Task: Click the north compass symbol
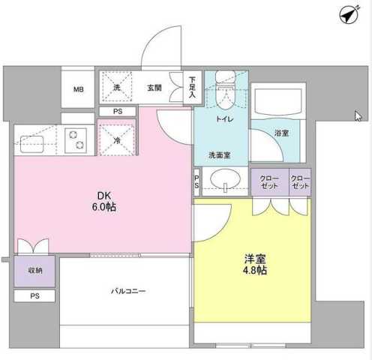(346, 15)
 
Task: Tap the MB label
(79, 91)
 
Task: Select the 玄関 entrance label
(154, 88)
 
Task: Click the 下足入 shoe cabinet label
(192, 87)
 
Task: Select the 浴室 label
(281, 133)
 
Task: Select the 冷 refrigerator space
(117, 139)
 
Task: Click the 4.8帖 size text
(255, 271)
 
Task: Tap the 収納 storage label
(34, 270)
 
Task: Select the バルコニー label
(128, 291)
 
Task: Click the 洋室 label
(255, 258)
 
